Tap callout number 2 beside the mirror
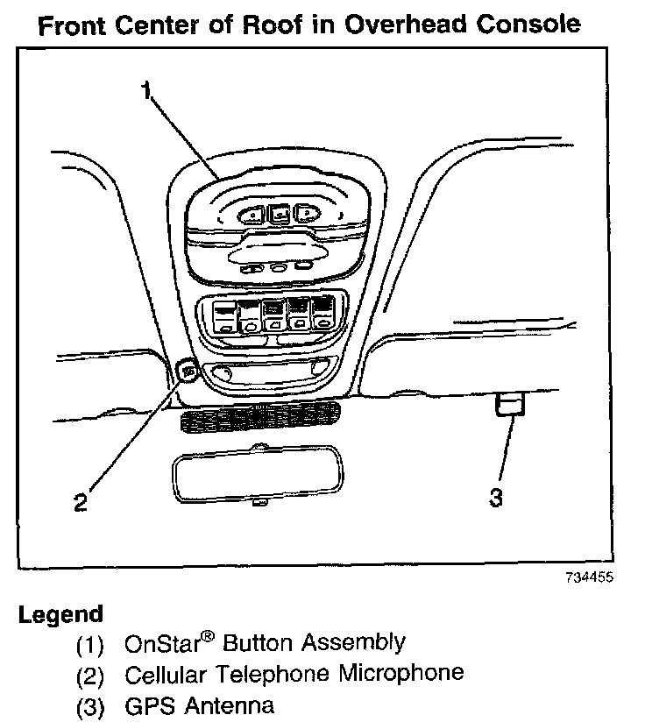[x=80, y=502]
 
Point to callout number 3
[x=496, y=499]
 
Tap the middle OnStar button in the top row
[x=279, y=212]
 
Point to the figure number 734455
[x=589, y=577]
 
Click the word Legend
[x=60, y=614]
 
